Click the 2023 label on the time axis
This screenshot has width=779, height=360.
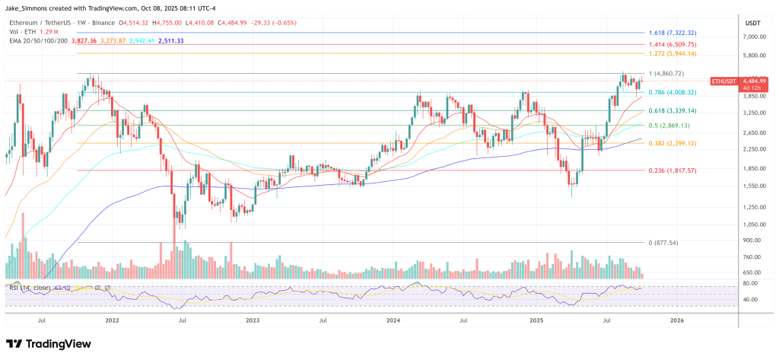pos(253,321)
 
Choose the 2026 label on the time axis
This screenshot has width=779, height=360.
pos(676,321)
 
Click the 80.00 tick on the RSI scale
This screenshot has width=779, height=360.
pos(750,283)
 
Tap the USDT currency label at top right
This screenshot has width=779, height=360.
pos(752,23)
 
